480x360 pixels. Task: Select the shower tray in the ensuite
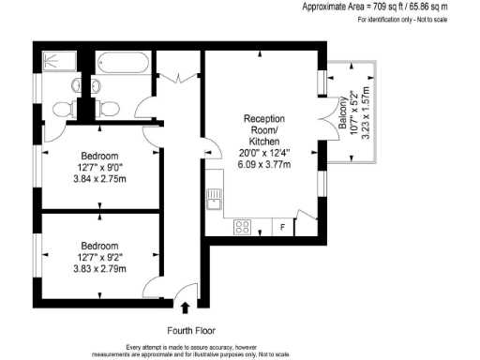pyautogui.click(x=59, y=63)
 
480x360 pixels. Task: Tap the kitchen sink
pyautogui.click(x=215, y=198)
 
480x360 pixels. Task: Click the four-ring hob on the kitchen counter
pyautogui.click(x=241, y=226)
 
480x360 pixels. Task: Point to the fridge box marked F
pyautogui.click(x=282, y=227)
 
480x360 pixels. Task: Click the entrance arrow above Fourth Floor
pyautogui.click(x=184, y=305)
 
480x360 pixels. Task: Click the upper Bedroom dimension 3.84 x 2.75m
pyautogui.click(x=99, y=181)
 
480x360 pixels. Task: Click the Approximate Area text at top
pyautogui.click(x=388, y=6)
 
